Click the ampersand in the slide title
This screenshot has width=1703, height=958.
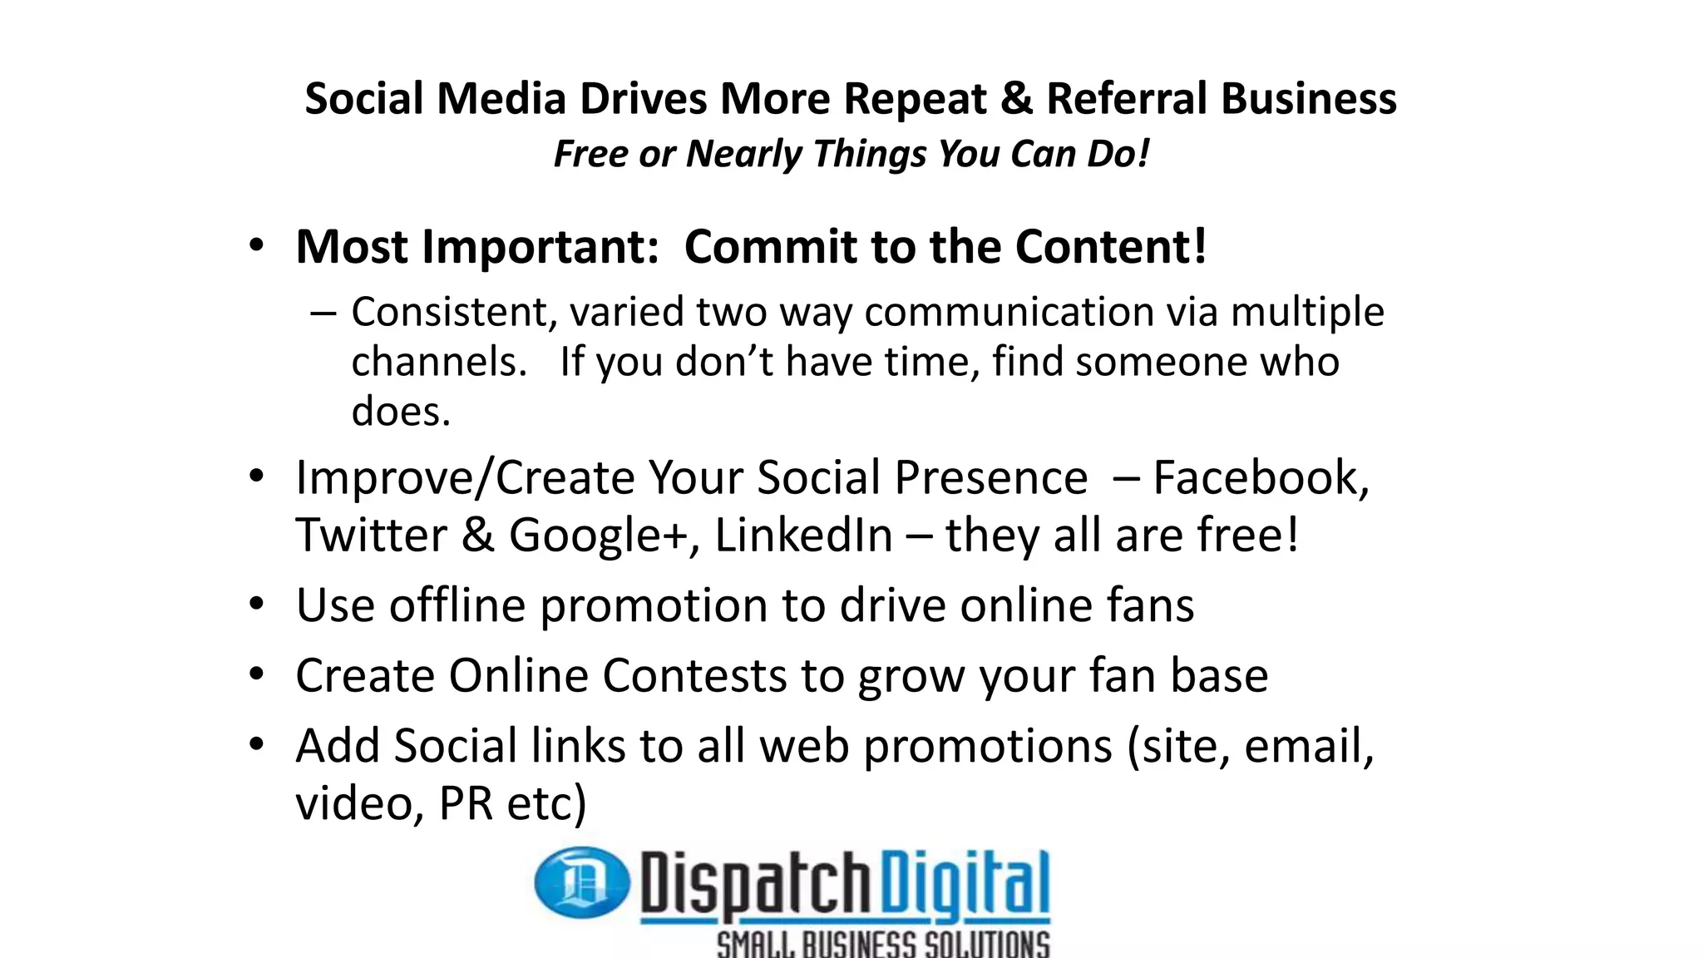coord(1015,99)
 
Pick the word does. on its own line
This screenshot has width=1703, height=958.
coord(401,412)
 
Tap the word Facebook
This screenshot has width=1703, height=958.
coord(1261,478)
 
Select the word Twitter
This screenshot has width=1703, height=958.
coord(371,535)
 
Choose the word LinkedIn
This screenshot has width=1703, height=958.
coord(803,535)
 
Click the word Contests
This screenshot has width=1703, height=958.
coord(694,675)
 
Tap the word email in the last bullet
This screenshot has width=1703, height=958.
coord(1308,746)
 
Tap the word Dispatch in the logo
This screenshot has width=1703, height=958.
coord(754,884)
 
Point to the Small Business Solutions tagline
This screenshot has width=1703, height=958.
coord(883,945)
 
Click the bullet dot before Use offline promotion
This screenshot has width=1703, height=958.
coord(257,605)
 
